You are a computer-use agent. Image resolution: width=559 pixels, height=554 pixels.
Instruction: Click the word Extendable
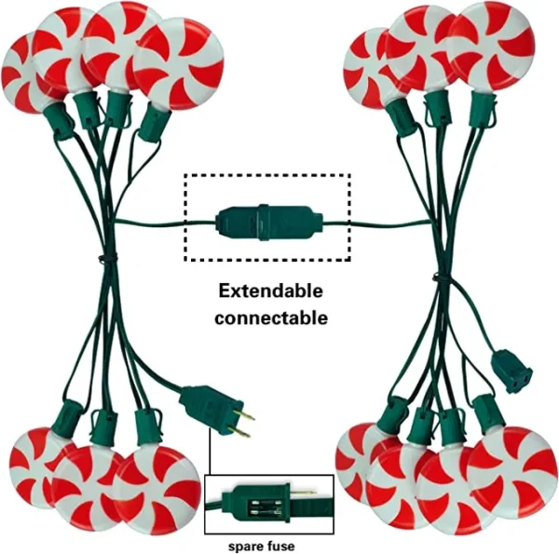(x=271, y=291)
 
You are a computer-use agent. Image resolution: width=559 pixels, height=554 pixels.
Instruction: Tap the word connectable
(x=271, y=318)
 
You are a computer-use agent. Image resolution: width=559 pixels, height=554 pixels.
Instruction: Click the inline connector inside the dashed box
(x=268, y=222)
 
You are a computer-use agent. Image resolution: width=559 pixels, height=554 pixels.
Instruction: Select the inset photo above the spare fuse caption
(x=268, y=504)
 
